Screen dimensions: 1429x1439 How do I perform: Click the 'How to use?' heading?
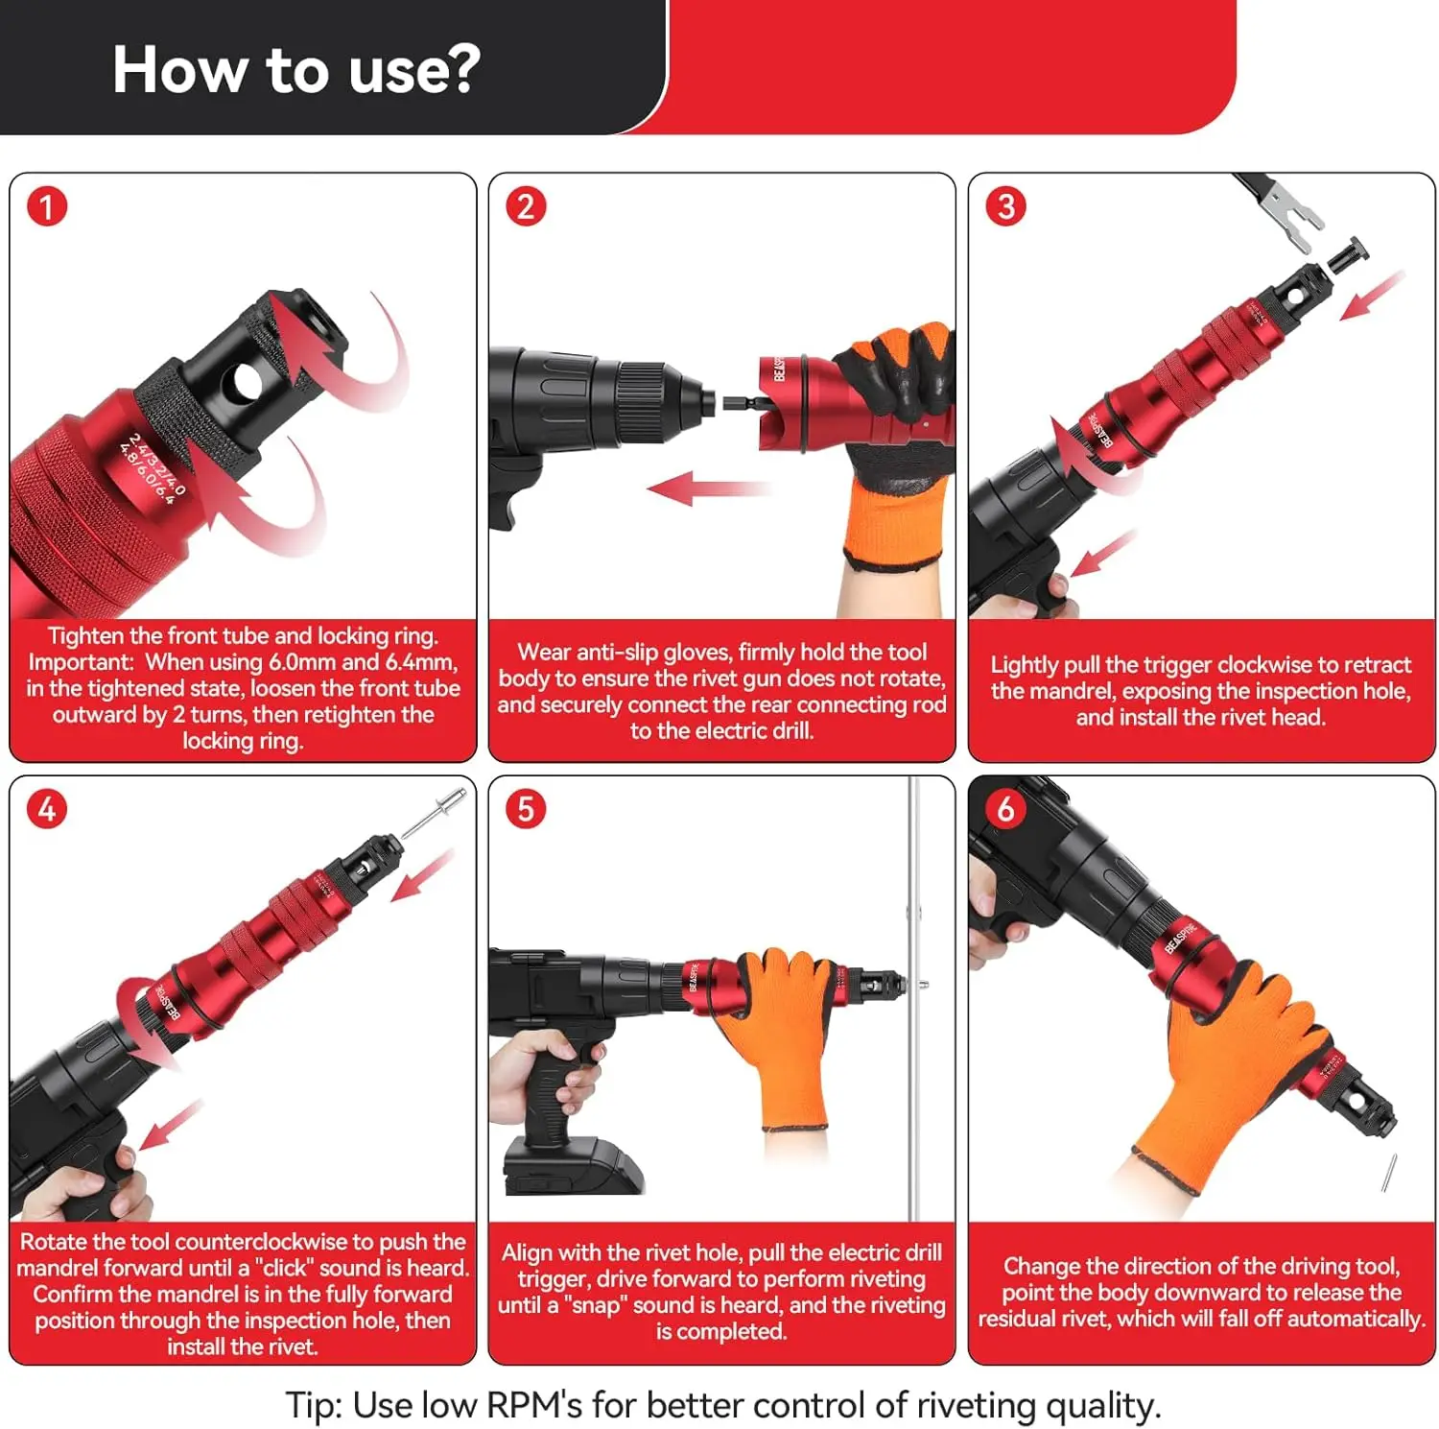(x=295, y=69)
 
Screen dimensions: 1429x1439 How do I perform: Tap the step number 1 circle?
(x=47, y=206)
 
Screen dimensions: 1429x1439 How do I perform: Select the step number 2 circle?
(x=526, y=206)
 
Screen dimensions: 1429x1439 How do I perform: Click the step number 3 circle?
(x=1005, y=206)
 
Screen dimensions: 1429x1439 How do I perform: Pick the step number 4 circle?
(x=47, y=809)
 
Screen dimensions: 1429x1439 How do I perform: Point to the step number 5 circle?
(x=526, y=809)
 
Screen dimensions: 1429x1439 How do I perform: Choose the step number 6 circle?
(x=1005, y=809)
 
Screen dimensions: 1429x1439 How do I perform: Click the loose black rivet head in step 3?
(x=1348, y=254)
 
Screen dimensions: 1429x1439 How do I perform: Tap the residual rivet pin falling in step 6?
(x=1388, y=1172)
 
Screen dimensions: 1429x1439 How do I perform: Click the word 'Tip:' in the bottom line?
(x=315, y=1405)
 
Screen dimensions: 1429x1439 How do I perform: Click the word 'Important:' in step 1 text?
(x=82, y=662)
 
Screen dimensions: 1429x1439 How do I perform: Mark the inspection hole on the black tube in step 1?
(x=248, y=382)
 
